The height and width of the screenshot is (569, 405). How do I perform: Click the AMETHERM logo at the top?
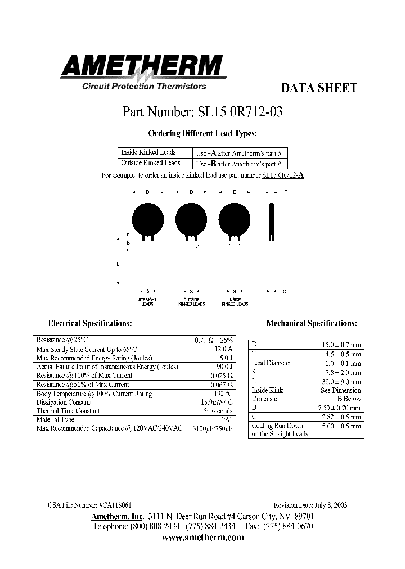tap(143, 67)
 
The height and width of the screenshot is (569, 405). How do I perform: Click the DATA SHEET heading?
tap(318, 88)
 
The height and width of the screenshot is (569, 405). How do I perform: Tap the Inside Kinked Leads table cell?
tap(148, 152)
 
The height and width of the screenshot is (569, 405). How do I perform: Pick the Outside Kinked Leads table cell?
tap(150, 163)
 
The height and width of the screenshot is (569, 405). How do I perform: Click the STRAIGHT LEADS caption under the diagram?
tap(147, 302)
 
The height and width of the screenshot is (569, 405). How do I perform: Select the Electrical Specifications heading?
tap(90, 323)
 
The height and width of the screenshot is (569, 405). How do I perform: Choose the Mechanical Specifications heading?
tap(311, 323)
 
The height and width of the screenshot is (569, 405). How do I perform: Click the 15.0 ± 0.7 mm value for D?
tap(341, 345)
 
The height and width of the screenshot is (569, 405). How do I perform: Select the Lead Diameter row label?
tap(271, 363)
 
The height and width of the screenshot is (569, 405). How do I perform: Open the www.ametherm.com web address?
tap(202, 538)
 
